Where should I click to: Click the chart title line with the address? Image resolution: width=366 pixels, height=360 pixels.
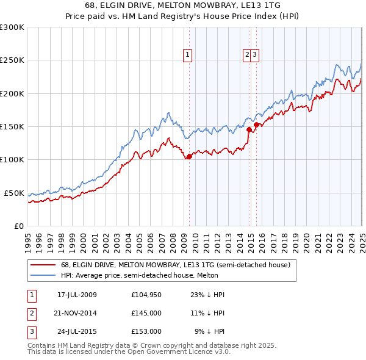coord(183,7)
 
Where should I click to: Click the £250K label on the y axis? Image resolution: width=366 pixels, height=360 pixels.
coord(12,60)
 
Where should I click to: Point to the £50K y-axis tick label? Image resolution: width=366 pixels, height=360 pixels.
coord(15,193)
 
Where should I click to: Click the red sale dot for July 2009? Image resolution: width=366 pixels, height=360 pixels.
coord(189,156)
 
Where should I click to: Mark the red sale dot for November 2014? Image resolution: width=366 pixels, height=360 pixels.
coord(249,129)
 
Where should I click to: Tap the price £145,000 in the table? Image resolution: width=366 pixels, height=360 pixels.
coord(146,313)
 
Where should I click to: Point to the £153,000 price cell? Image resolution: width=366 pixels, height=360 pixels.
coord(146,331)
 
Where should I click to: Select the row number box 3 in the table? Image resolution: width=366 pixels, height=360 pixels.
coord(31,331)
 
